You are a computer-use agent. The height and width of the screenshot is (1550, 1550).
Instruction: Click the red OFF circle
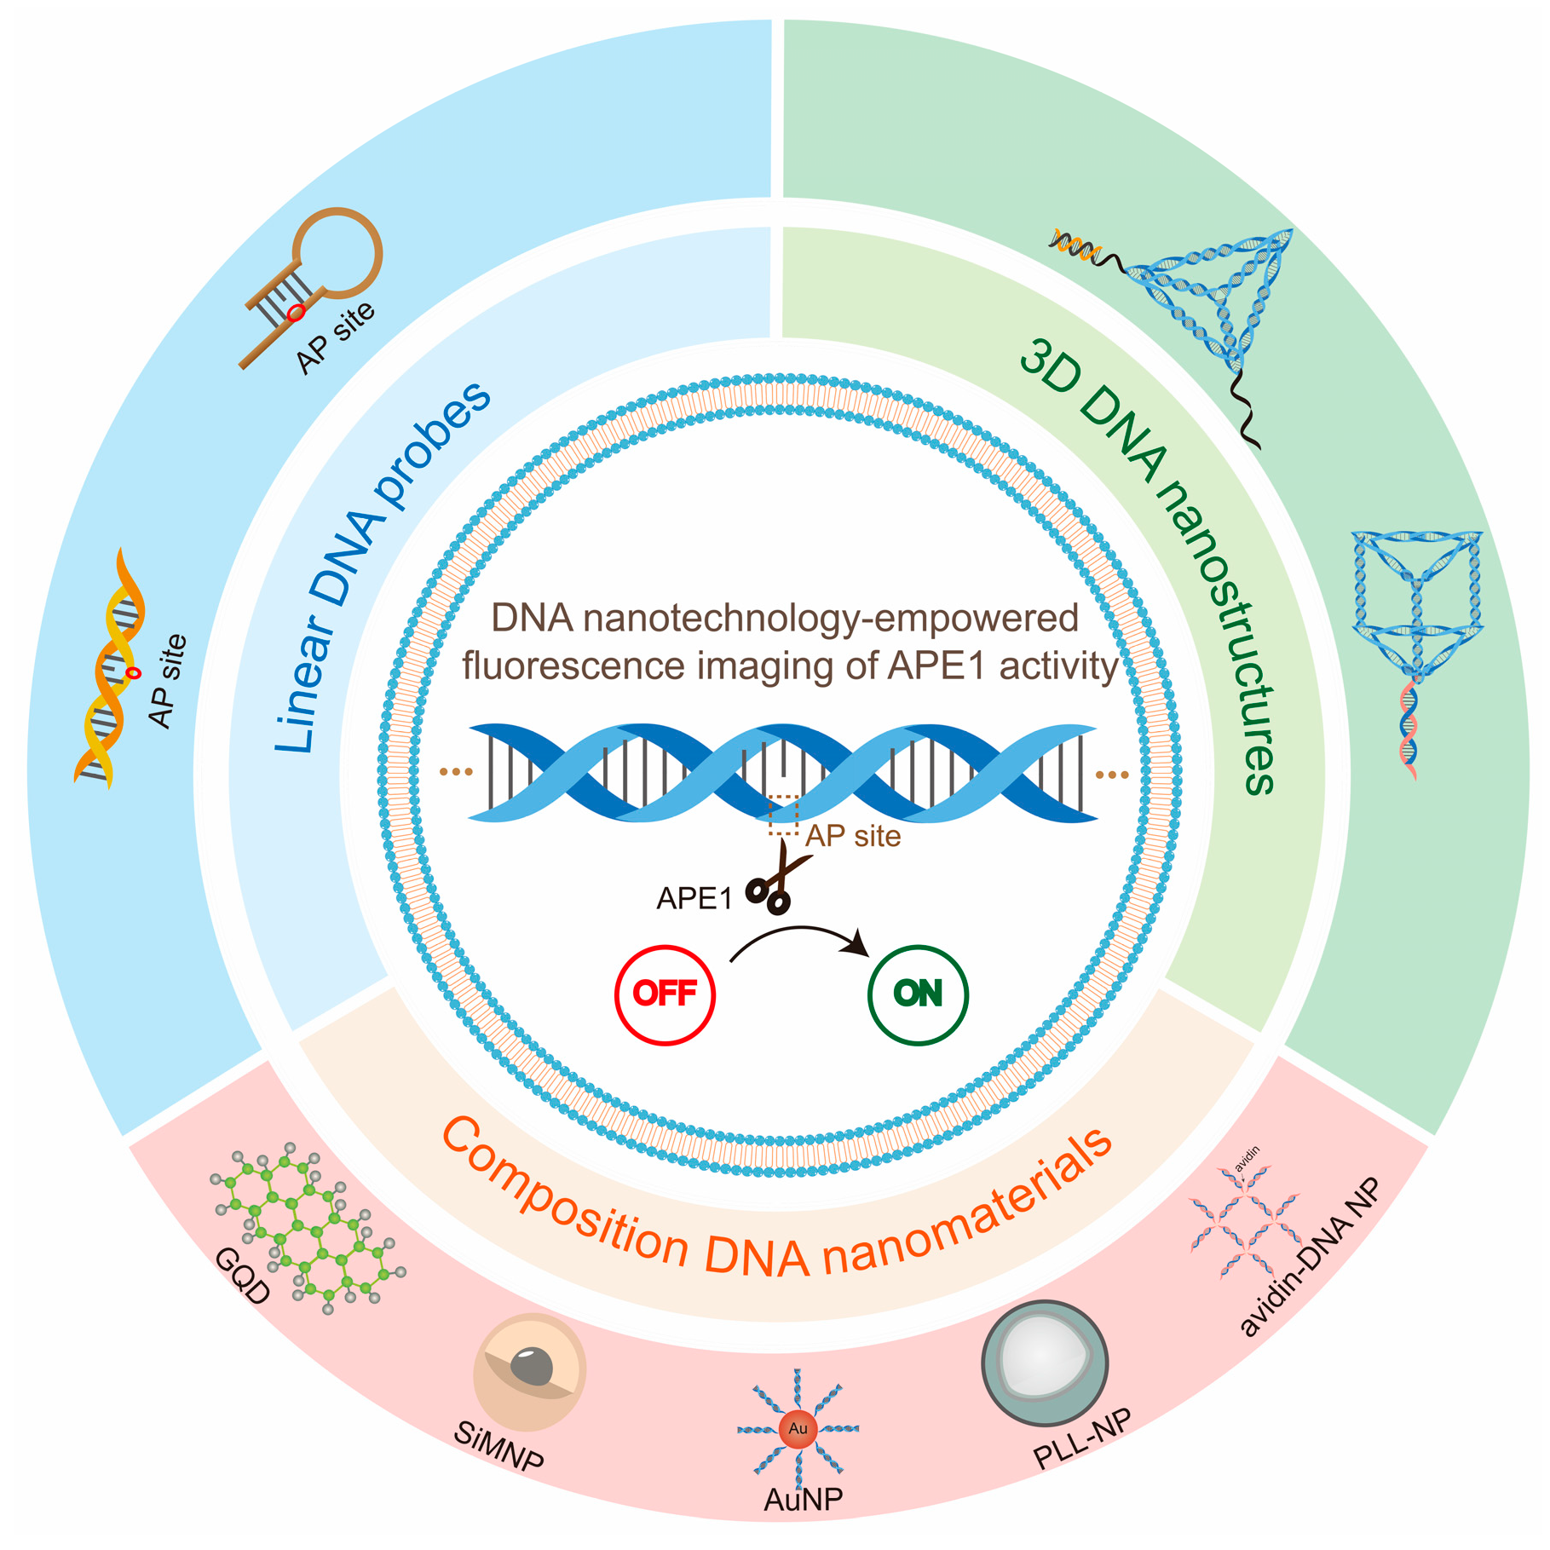coord(665,994)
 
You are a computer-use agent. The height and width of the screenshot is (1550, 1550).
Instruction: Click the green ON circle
coord(918,994)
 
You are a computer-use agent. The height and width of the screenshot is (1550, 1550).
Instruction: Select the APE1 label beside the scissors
coord(694,899)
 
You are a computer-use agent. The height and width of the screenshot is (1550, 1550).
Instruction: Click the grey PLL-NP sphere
coord(1044,1362)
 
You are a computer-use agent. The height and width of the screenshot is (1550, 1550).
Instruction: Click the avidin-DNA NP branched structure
coord(1246,1223)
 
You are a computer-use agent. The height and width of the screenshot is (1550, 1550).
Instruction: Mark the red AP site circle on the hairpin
coord(296,314)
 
